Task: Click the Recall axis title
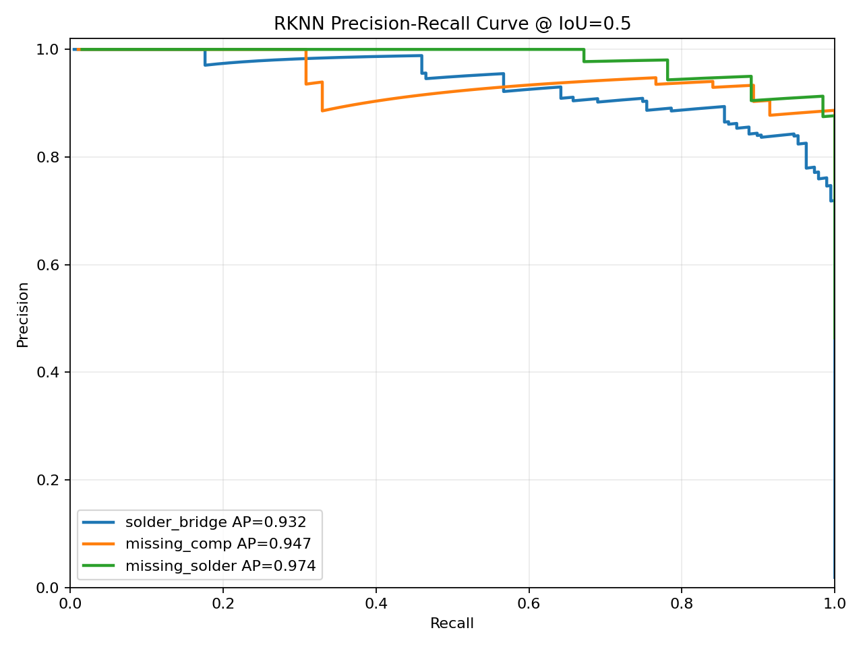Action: point(452,623)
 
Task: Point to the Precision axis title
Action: point(22,315)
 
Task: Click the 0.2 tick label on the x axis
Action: point(223,604)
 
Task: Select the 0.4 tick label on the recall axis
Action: point(376,604)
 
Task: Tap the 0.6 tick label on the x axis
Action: point(529,604)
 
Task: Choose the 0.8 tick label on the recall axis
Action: point(682,604)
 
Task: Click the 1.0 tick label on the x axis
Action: point(834,604)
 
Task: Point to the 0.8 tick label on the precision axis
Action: point(48,157)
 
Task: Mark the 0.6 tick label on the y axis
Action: point(48,265)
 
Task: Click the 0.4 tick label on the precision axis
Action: point(48,372)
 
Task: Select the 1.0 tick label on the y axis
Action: point(48,49)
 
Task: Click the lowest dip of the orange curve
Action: point(322,111)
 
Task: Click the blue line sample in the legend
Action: point(98,522)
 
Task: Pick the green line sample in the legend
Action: point(98,565)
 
